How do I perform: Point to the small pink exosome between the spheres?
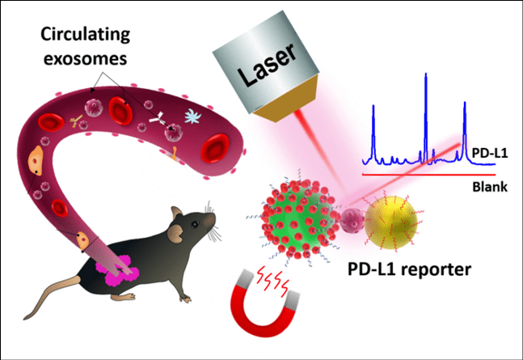352,220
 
